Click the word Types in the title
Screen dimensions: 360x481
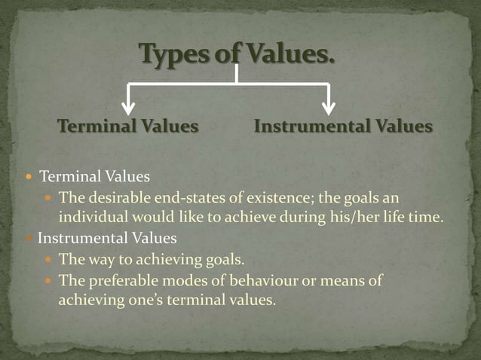171,56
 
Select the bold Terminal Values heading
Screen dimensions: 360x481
128,127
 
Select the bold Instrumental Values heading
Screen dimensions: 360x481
343,127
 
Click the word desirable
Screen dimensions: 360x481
115,197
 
